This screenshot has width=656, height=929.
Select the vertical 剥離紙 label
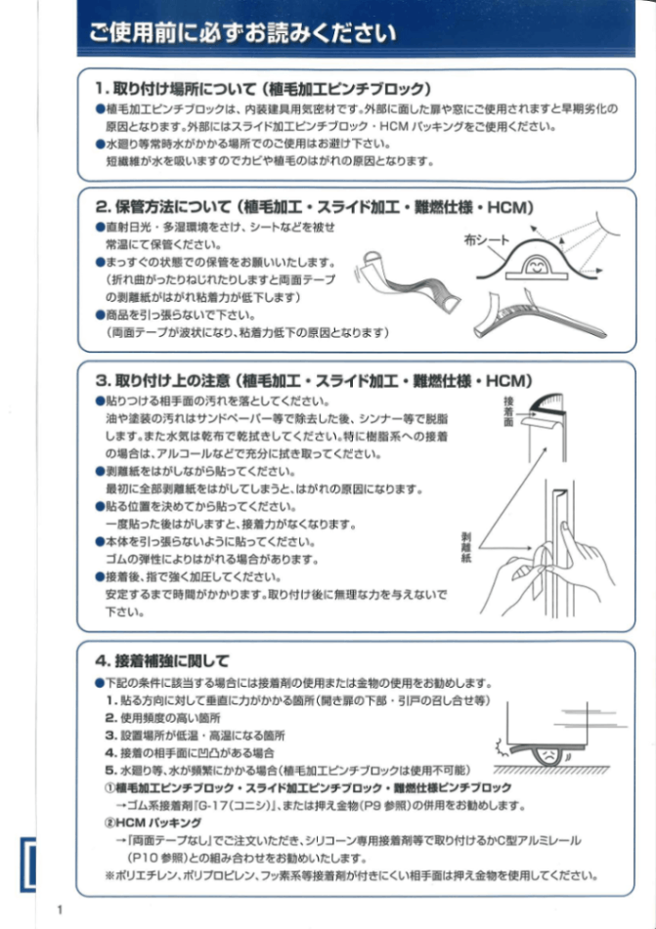point(466,551)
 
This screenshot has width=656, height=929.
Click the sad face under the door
point(549,755)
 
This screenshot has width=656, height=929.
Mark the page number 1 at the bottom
point(60,910)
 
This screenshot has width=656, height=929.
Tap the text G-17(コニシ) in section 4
point(225,806)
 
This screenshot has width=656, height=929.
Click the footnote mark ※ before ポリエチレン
point(109,875)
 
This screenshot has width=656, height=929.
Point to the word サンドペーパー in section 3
point(218,418)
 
